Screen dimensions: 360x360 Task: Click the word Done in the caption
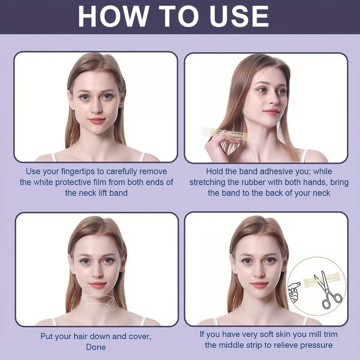click(96, 347)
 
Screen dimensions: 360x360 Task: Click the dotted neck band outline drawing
click(97, 303)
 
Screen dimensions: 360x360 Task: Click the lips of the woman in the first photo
click(97, 121)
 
